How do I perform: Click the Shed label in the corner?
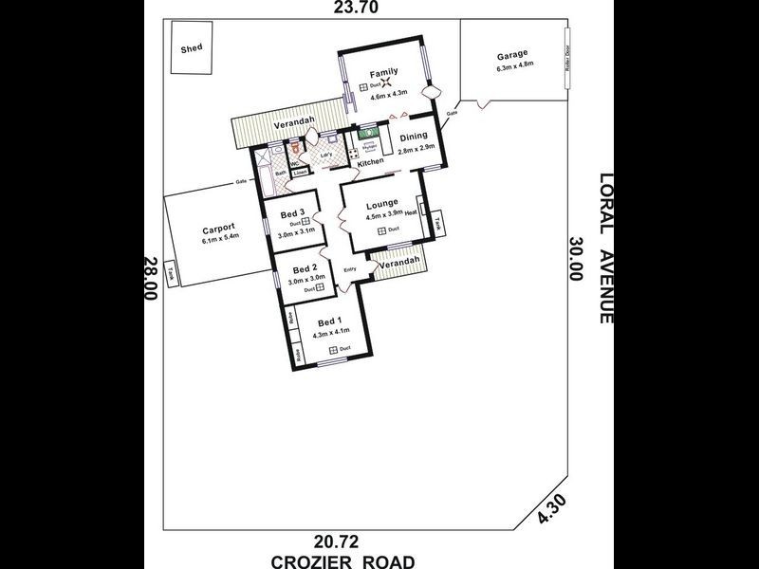coord(193,47)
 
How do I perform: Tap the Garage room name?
coord(511,55)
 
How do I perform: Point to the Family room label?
coord(383,73)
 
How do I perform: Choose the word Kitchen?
coord(370,163)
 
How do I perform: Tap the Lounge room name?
coord(381,204)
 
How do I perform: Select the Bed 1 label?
coord(327,320)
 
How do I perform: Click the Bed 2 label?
coord(304,268)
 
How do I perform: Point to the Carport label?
coord(218,229)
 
